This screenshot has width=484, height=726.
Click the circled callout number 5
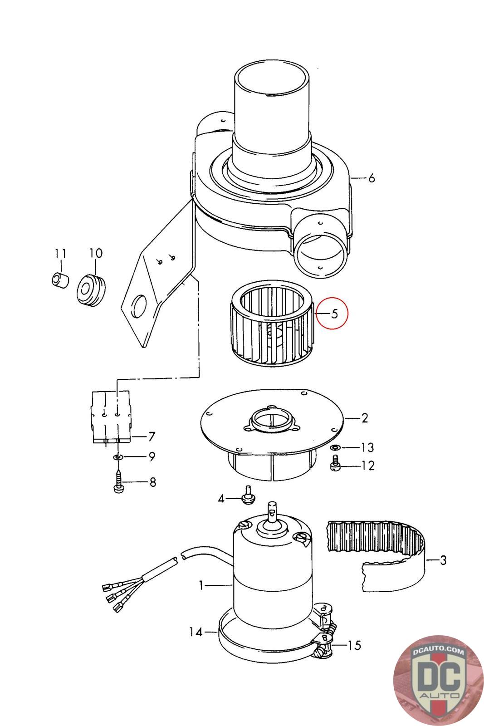(x=334, y=314)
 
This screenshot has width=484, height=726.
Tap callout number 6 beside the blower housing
(x=371, y=178)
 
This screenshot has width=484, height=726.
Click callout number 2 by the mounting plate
(x=364, y=418)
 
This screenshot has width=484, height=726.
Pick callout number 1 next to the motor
(x=201, y=586)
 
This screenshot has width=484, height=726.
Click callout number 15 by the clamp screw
(x=355, y=645)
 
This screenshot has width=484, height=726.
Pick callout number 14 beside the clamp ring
(x=196, y=631)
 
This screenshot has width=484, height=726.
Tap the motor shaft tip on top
(x=273, y=506)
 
